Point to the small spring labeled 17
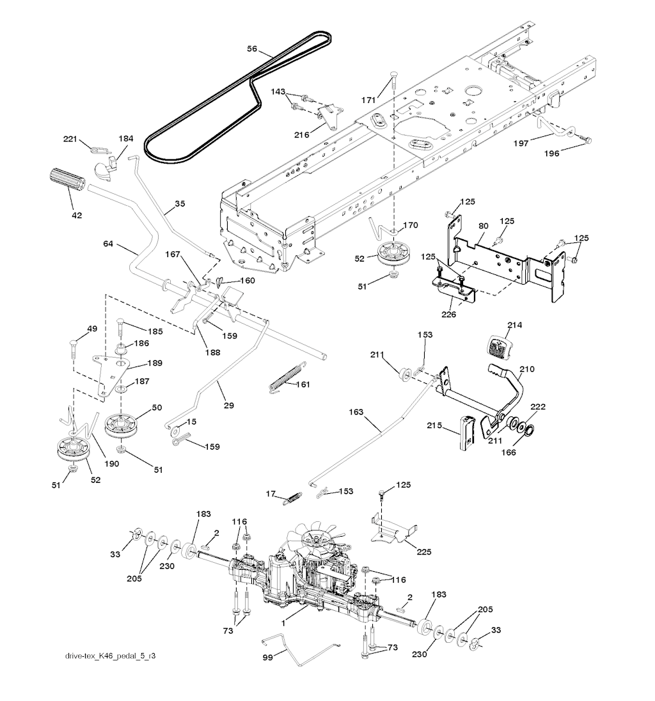click(x=292, y=496)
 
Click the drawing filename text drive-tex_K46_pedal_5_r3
click(x=109, y=656)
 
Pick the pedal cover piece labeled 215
click(x=466, y=432)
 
